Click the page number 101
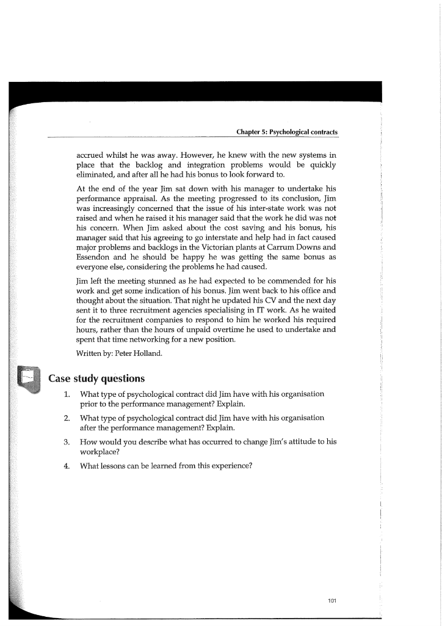332,600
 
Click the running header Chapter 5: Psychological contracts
286,132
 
